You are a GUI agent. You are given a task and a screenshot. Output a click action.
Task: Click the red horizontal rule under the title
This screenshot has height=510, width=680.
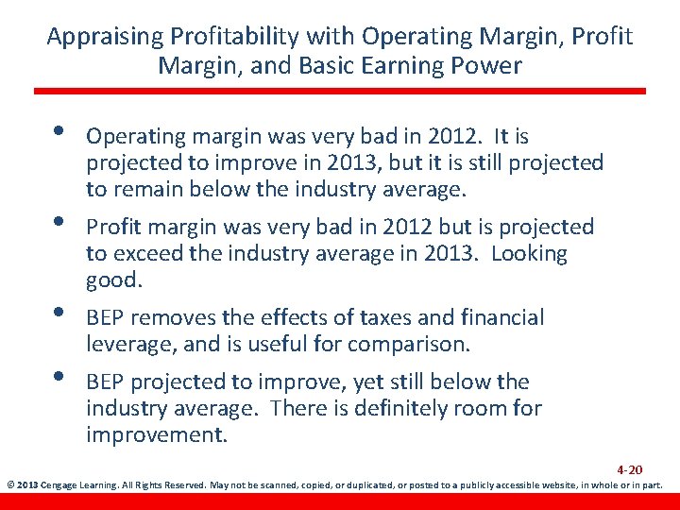pos(340,91)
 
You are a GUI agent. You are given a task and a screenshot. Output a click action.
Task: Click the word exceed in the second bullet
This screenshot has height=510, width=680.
pos(146,254)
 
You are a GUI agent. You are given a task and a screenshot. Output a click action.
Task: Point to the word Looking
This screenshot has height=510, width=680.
pos(530,254)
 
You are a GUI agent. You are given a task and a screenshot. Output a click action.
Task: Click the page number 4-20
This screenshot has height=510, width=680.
pos(630,469)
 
